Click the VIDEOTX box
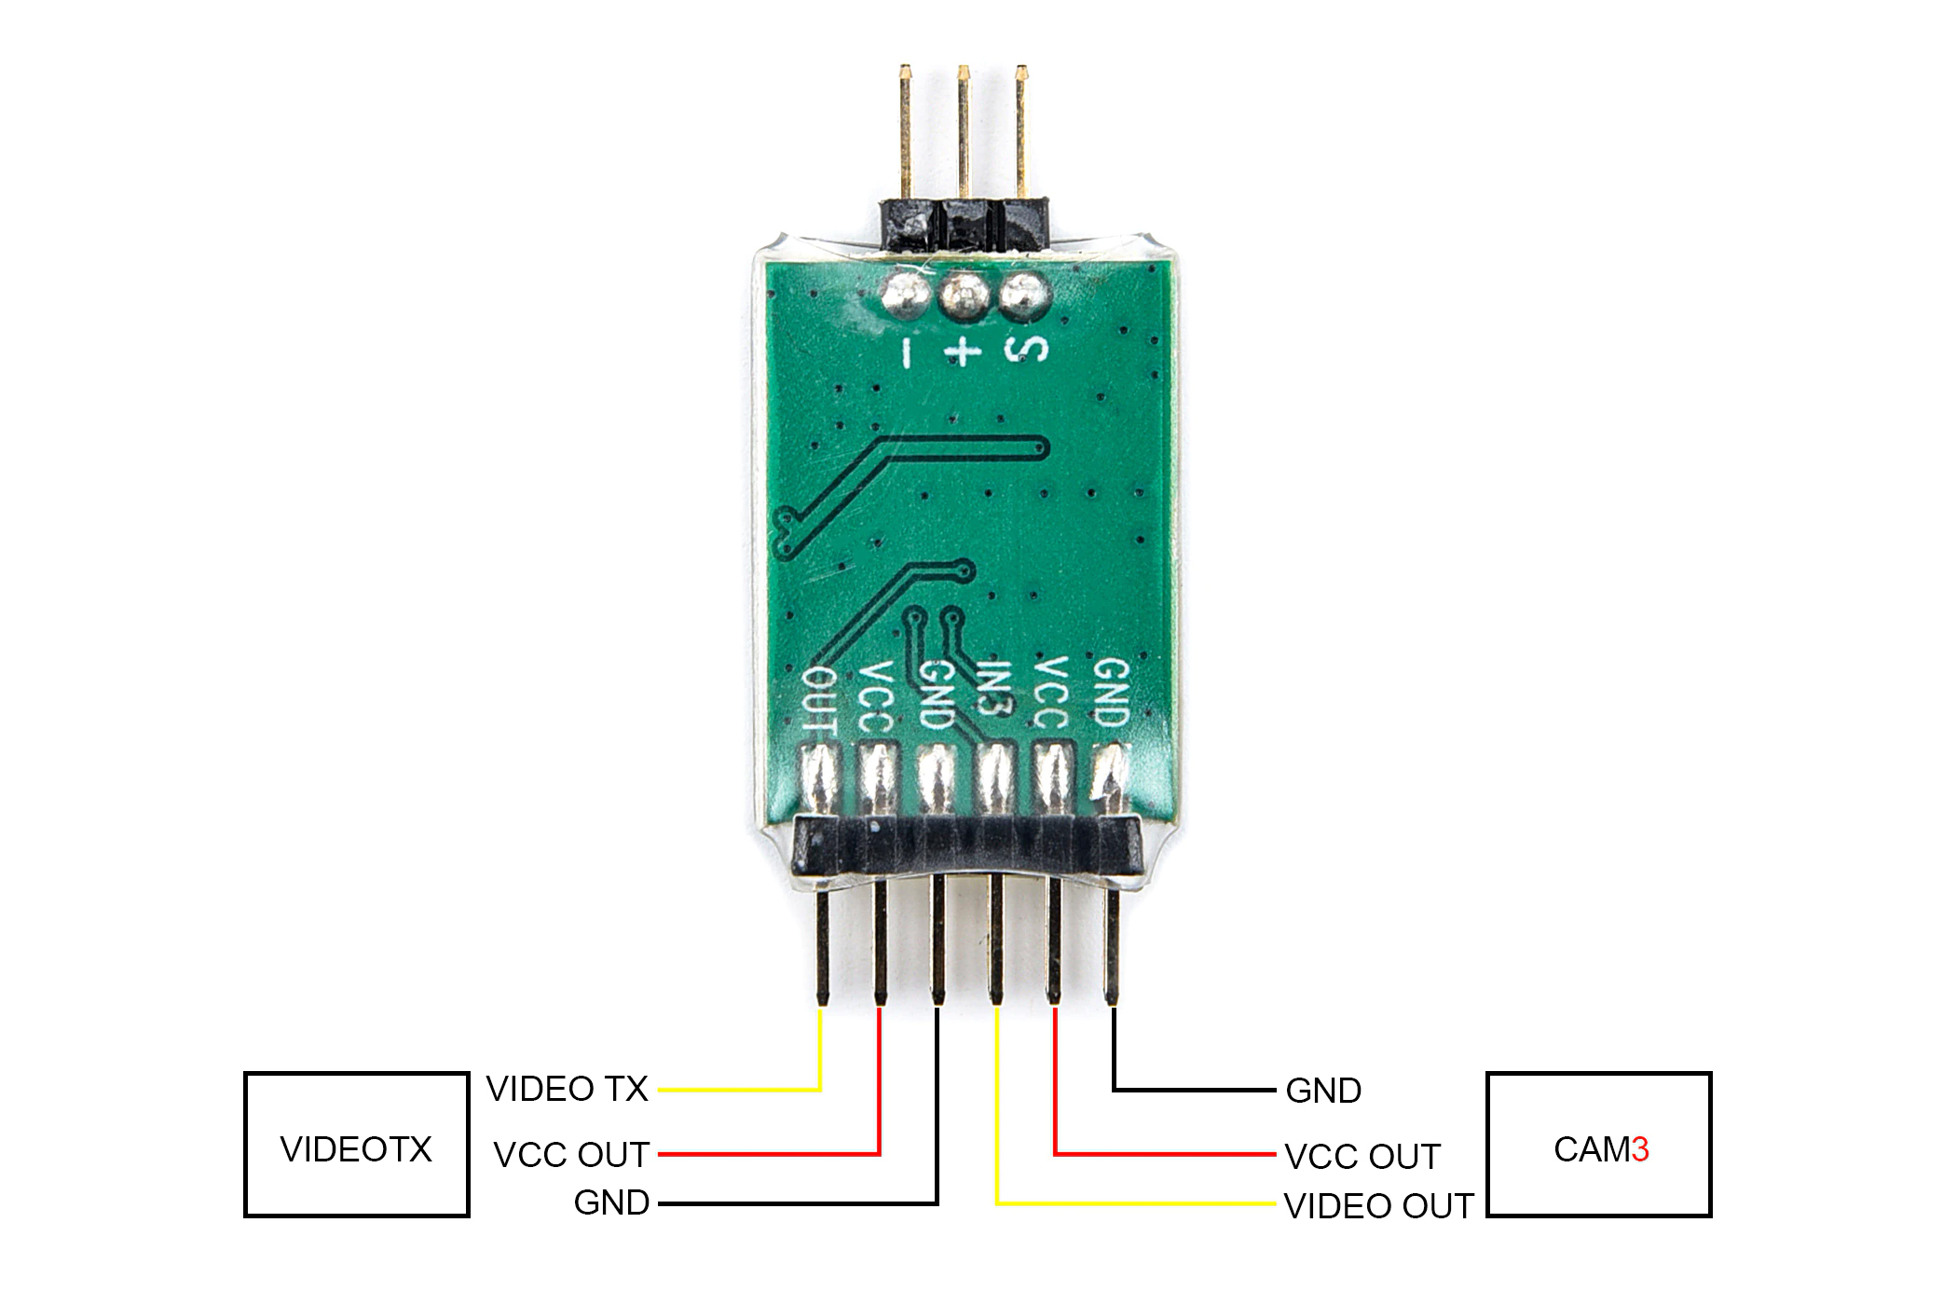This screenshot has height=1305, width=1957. [x=356, y=1145]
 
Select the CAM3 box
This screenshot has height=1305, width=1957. [x=1599, y=1145]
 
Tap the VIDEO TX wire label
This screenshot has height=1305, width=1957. [x=567, y=1089]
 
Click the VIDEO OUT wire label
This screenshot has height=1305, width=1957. [x=1378, y=1206]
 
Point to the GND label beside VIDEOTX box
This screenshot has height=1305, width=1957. [x=611, y=1202]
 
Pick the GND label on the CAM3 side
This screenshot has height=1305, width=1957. [x=1323, y=1091]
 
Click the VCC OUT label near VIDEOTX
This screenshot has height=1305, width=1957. [x=571, y=1155]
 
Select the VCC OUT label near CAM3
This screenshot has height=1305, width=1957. [x=1362, y=1157]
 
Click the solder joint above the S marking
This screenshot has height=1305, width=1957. [x=1024, y=296]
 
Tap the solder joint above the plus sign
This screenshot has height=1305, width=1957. [x=965, y=296]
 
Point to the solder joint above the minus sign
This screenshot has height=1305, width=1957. [x=904, y=295]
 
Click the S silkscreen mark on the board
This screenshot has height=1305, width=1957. [x=1025, y=349]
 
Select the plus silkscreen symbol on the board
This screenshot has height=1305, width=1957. [x=963, y=351]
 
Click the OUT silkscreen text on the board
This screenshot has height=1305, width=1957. [x=820, y=699]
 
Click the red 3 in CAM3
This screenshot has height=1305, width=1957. [x=1640, y=1149]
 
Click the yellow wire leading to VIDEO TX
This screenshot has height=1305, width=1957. [x=820, y=1053]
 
